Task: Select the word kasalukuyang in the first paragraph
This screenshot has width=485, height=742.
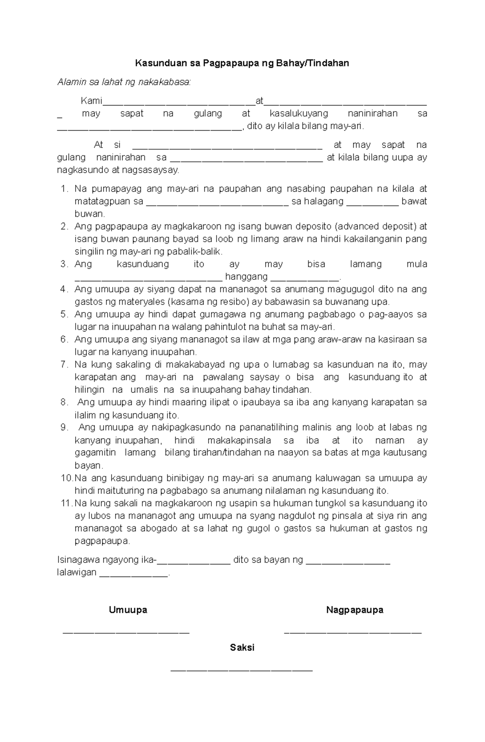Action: tap(299, 114)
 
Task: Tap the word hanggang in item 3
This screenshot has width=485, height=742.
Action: tap(246, 277)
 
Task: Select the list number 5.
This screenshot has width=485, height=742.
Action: tap(64, 314)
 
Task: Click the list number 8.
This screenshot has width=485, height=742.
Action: tap(64, 402)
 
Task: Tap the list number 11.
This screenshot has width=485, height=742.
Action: tap(65, 503)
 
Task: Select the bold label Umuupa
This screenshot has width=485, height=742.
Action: tap(128, 610)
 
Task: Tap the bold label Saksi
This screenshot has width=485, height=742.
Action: tap(242, 647)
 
